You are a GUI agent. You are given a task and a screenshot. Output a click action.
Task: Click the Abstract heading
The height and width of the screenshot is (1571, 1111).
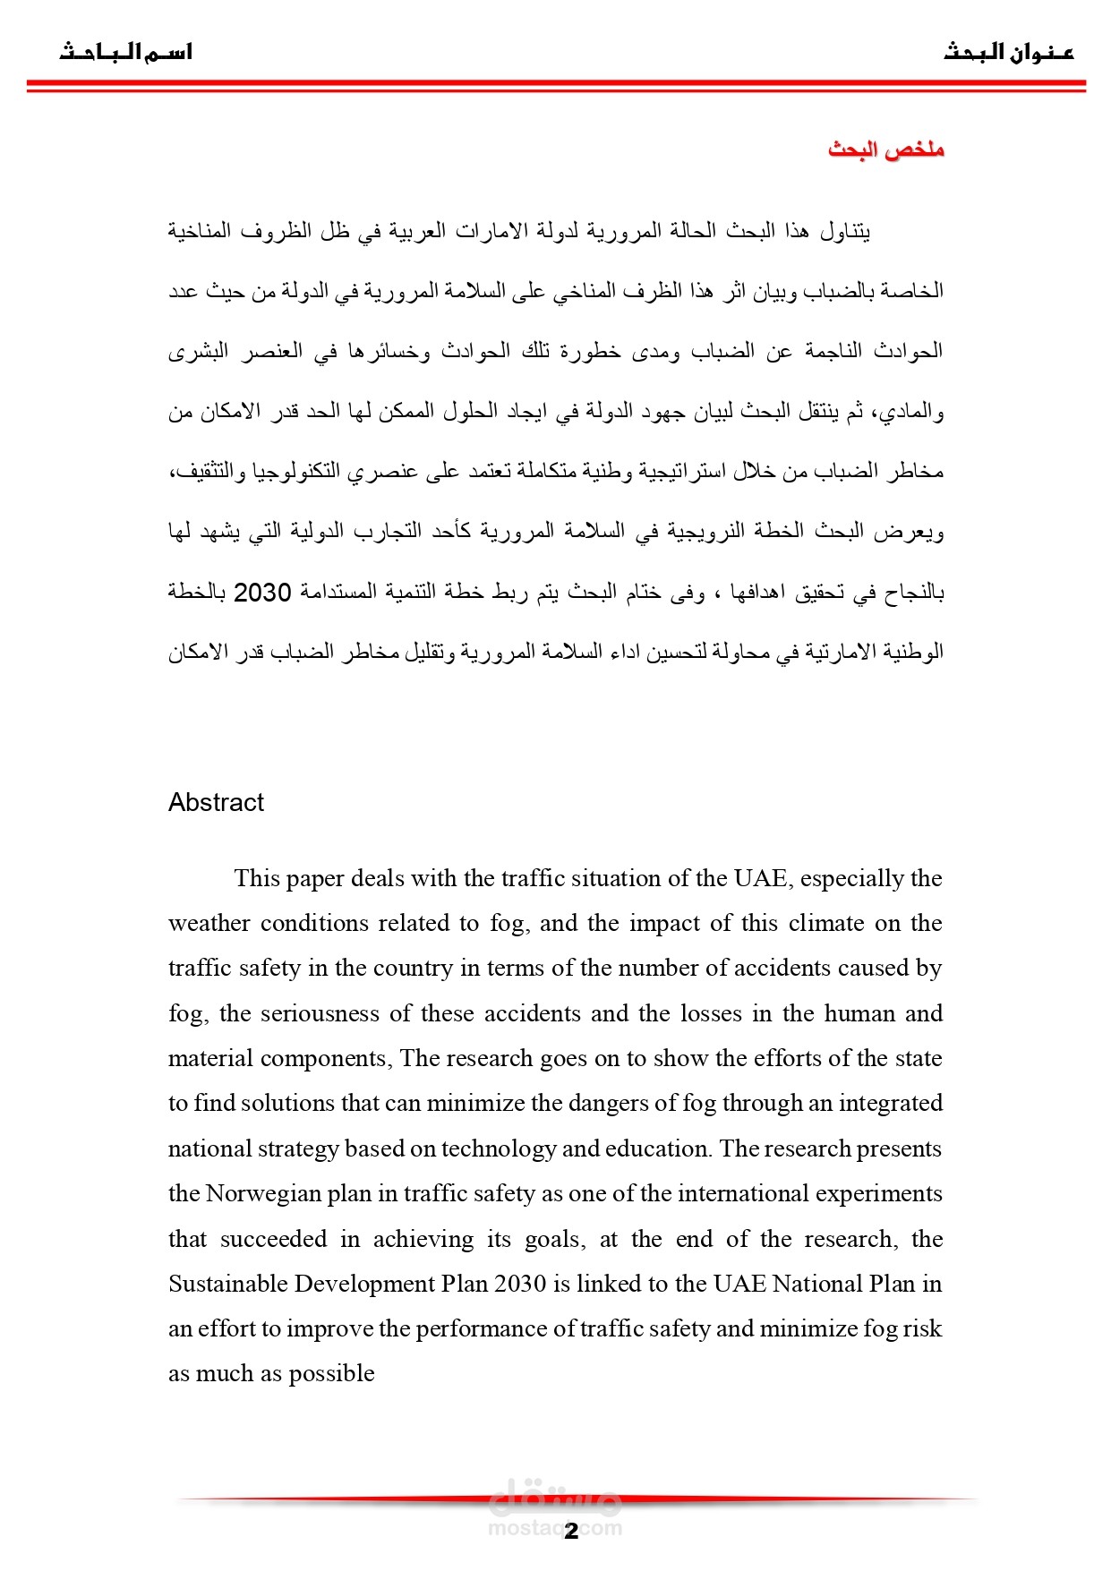216,802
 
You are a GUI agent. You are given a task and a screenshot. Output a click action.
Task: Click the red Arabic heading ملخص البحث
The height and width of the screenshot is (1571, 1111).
885,149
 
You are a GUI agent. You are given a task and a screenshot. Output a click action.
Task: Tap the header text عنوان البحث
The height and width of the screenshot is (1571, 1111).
1008,53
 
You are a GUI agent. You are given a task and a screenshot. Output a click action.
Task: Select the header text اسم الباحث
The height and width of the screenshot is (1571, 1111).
126,53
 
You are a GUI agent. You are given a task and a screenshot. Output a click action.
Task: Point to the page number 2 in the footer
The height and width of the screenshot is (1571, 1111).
571,1532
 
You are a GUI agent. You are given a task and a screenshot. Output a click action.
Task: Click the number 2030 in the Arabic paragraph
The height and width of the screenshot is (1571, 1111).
262,593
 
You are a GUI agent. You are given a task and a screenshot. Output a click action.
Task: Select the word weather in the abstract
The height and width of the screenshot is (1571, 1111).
209,923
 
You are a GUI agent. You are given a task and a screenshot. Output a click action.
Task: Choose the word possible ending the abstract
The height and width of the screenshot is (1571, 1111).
331,1374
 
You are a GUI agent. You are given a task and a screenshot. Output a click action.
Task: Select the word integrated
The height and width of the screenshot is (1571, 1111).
890,1103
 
